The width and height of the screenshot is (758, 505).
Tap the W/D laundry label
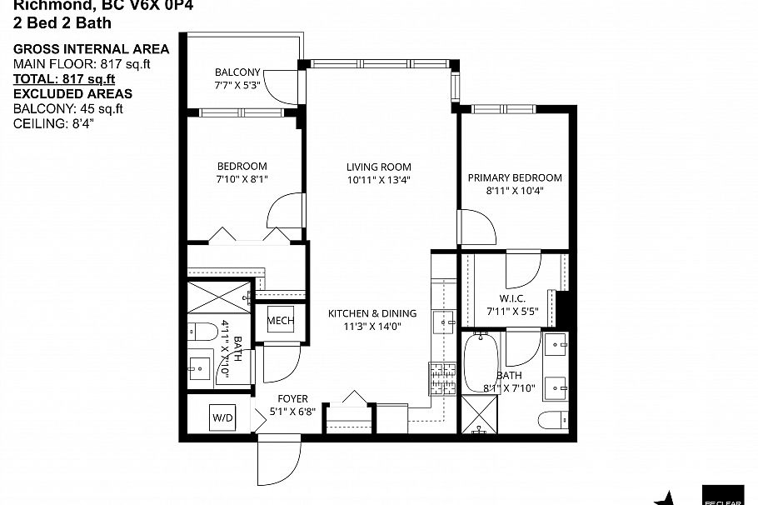222,416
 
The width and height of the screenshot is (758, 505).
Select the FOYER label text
292,399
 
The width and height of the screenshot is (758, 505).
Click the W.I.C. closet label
510,299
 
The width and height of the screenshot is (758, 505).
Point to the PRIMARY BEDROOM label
514,177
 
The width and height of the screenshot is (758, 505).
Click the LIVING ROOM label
378,167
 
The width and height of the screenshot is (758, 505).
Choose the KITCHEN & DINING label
372,313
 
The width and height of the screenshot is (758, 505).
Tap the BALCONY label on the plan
237,72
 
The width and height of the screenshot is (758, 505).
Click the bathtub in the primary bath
480,362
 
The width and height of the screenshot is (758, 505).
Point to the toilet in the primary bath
551,418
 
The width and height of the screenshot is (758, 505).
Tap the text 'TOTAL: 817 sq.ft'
63,79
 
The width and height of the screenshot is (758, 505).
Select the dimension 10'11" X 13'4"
378,179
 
